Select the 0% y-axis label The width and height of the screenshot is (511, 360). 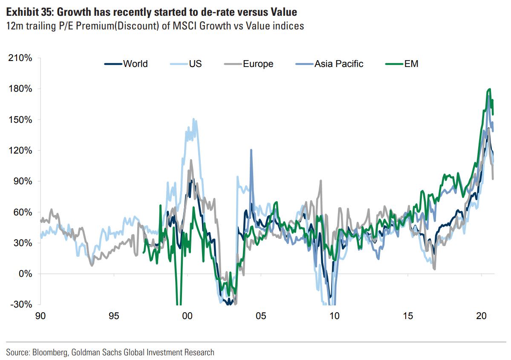coord(24,274)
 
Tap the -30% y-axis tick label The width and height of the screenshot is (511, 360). coord(21,305)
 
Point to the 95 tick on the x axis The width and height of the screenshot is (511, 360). coord(113,316)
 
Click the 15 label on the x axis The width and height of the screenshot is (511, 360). coord(408,316)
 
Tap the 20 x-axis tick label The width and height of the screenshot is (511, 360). coord(482,316)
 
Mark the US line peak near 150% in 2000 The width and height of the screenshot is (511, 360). coord(193,119)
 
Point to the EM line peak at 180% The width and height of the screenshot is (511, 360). coord(490,89)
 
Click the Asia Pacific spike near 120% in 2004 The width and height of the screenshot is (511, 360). coord(251,150)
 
